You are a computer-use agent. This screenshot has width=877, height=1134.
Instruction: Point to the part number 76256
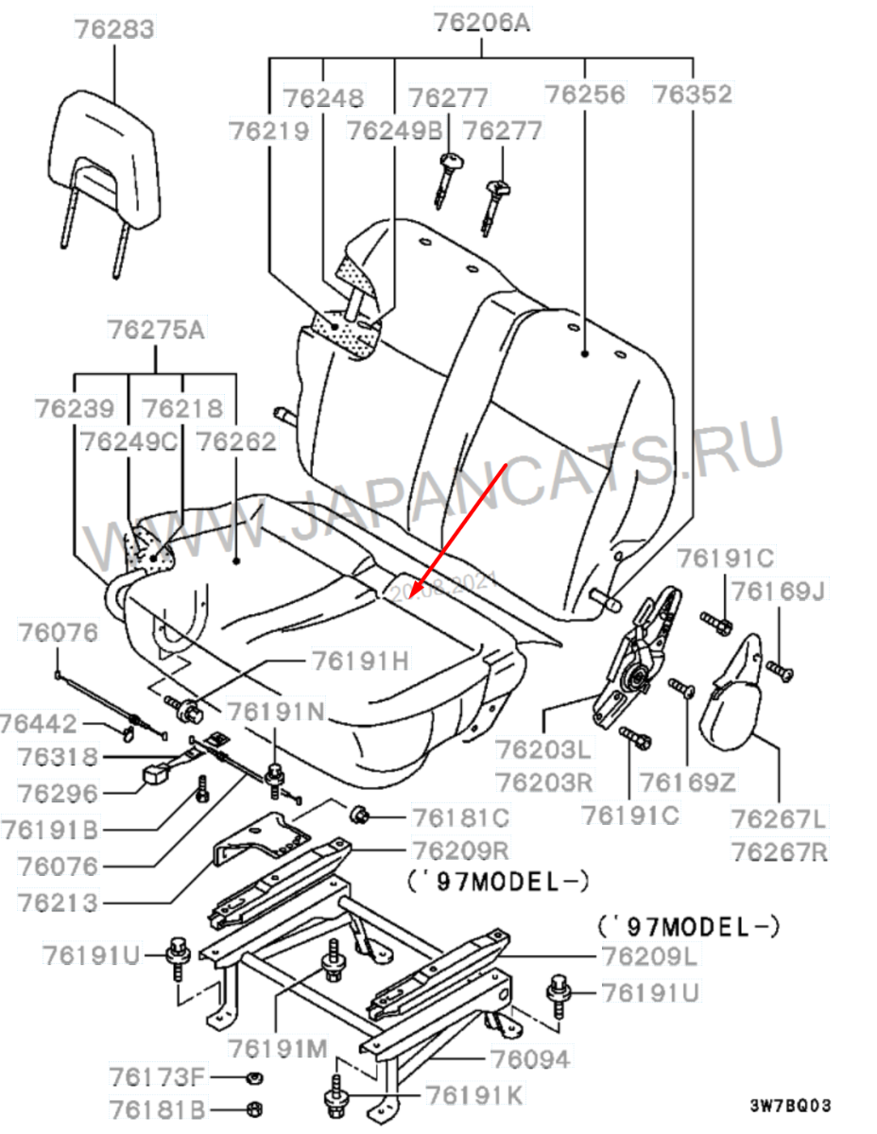(585, 94)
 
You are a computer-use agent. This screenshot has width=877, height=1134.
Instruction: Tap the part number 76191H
(362, 661)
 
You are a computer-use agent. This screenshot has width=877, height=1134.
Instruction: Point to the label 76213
(58, 902)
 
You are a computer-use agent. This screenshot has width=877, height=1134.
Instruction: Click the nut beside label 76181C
(360, 814)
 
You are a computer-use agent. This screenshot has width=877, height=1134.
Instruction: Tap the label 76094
(529, 1059)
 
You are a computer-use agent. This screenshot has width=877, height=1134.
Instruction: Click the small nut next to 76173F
(253, 1077)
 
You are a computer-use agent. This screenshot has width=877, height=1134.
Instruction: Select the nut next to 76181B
(253, 1108)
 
